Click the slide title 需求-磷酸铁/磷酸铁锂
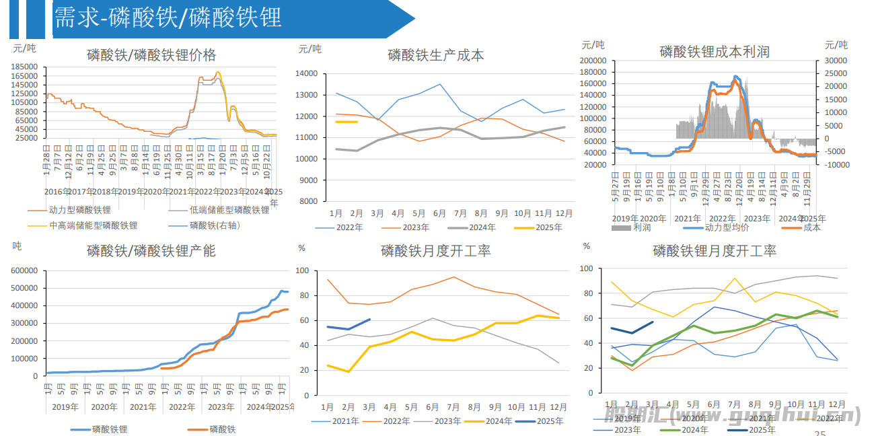168,18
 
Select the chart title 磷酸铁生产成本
435,55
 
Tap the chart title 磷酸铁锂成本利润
715,52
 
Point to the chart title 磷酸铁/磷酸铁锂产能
151,251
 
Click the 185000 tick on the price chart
24,67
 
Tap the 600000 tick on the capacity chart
24,270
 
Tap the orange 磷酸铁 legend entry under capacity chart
222,429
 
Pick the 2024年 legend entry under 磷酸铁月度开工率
499,421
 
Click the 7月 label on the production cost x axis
460,213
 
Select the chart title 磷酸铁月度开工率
435,251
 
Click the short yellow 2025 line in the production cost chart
347,122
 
